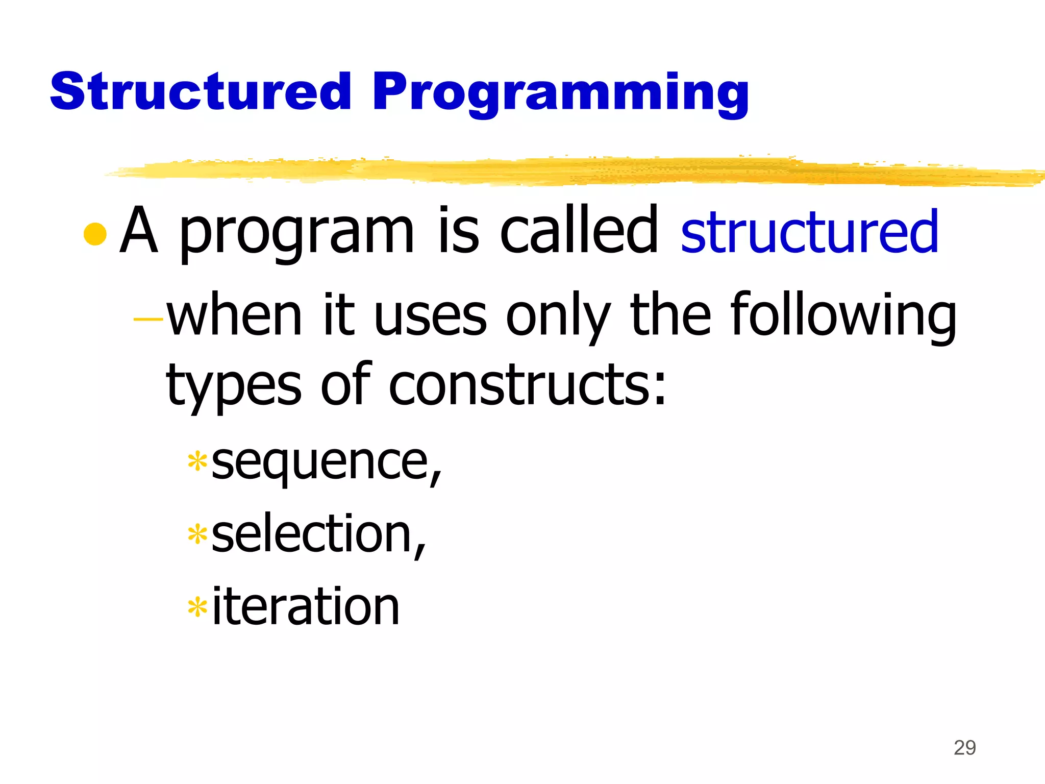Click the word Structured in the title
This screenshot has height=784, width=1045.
point(201,91)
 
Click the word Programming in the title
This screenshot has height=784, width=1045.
point(560,94)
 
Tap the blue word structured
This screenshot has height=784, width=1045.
point(809,232)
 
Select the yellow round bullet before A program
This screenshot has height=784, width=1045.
point(95,234)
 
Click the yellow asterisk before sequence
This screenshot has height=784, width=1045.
point(197,461)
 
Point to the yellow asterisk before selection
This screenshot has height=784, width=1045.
point(197,535)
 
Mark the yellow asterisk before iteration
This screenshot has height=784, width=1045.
point(197,608)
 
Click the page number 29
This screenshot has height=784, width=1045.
point(964,748)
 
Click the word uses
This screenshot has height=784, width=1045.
point(430,316)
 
